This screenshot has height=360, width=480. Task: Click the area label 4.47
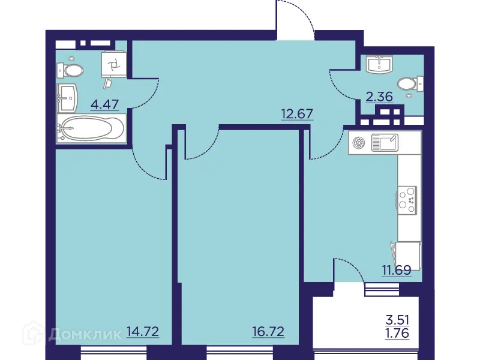tap(104, 104)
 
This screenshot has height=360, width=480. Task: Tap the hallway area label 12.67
tap(297, 113)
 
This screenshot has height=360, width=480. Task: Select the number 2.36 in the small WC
tap(379, 96)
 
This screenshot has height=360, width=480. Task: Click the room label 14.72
tap(142, 331)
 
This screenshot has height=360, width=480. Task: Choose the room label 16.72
tap(267, 331)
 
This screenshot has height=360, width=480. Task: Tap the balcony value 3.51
tap(397, 320)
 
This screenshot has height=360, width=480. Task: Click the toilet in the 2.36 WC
tap(410, 83)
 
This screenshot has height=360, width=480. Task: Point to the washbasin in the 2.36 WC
tap(379, 64)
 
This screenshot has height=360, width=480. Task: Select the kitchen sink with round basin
tap(375, 143)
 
